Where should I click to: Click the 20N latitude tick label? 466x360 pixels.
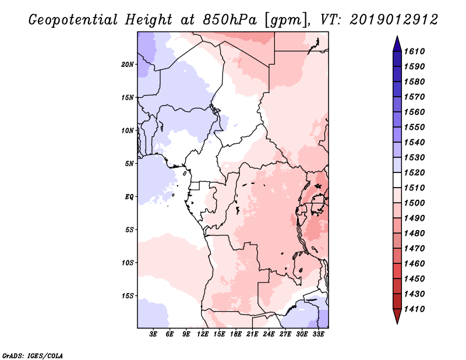128,64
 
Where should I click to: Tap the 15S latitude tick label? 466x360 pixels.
128,295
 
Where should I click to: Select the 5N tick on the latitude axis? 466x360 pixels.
129,164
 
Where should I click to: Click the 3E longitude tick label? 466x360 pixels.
154,334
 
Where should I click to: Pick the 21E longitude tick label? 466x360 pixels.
252,334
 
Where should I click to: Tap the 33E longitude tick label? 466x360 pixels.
318,334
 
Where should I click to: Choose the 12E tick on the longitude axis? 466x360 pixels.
203,334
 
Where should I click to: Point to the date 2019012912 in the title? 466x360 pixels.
394,19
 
